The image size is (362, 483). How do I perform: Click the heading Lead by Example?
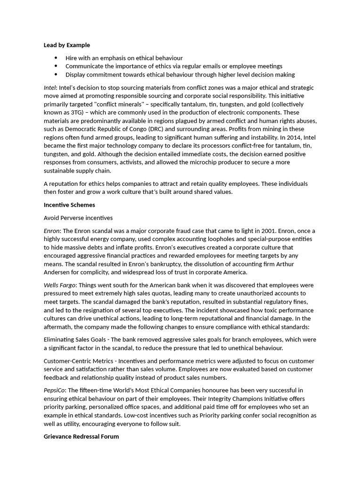pyautogui.click(x=66, y=45)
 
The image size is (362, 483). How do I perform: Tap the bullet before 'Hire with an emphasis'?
pyautogui.click(x=56, y=58)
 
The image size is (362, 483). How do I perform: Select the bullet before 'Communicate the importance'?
pyautogui.click(x=56, y=66)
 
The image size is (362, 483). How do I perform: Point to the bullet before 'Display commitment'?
pyautogui.click(x=56, y=75)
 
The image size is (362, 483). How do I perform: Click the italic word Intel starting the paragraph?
pyautogui.click(x=49, y=88)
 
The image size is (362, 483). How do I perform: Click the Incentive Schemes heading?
pyautogui.click(x=69, y=205)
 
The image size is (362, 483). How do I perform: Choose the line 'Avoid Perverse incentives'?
pyautogui.click(x=78, y=218)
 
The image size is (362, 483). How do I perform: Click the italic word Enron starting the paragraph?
pyautogui.click(x=51, y=231)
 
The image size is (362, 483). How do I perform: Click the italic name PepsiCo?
pyautogui.click(x=55, y=391)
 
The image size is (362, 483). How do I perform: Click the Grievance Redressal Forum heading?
pyautogui.click(x=81, y=437)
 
